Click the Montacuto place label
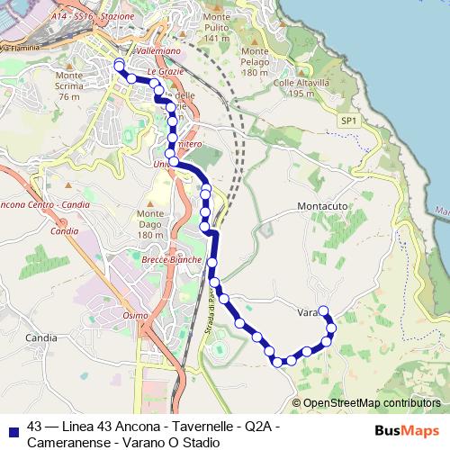(321, 206)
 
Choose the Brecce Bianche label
(172, 259)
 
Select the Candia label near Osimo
(42, 338)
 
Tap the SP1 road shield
(349, 120)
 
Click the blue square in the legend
(11, 429)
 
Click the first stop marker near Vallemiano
(119, 63)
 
